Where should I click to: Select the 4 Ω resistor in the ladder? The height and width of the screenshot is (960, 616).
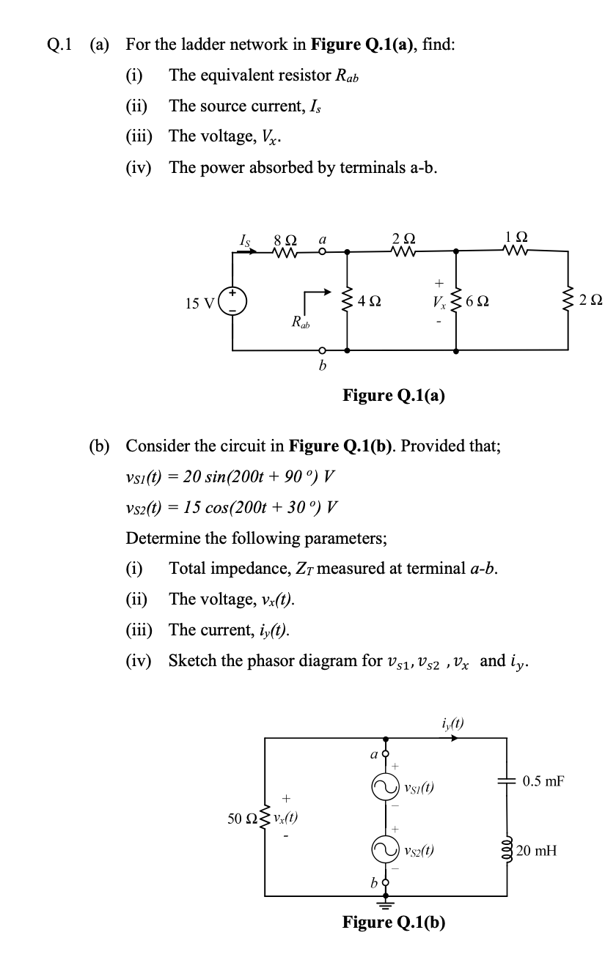pyautogui.click(x=346, y=301)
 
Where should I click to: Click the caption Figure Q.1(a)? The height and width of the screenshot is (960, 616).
pyautogui.click(x=394, y=396)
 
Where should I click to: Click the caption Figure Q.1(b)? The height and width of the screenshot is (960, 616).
pyautogui.click(x=394, y=922)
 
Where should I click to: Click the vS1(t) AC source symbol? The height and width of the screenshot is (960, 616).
pyautogui.click(x=383, y=789)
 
